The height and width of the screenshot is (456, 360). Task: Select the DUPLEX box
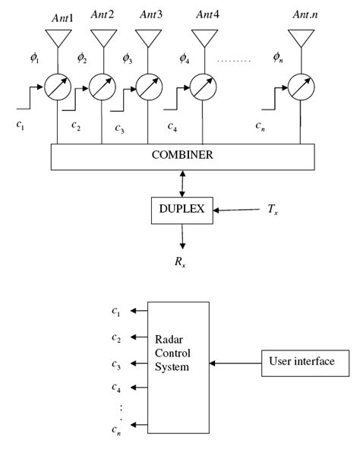click(182, 207)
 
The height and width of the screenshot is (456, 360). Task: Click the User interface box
click(301, 362)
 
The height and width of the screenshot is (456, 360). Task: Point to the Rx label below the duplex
click(182, 264)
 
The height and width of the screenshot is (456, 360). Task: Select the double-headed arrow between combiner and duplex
click(182, 183)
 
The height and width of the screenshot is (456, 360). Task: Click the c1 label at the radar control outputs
click(116, 310)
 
